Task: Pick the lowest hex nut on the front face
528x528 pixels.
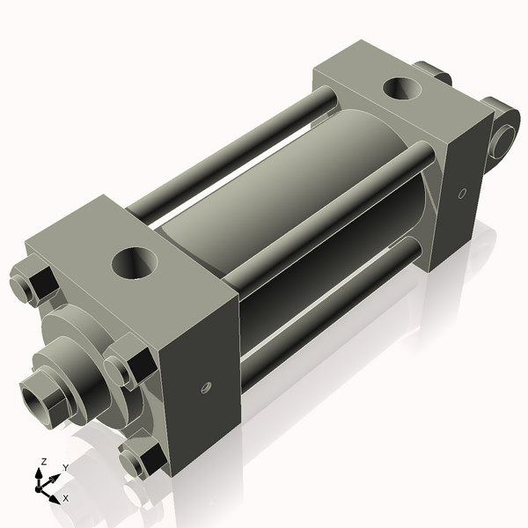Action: (140, 458)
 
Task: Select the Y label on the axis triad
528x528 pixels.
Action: (65, 467)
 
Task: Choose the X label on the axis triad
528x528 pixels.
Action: (66, 498)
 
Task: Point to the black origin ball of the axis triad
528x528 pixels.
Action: (41, 485)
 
